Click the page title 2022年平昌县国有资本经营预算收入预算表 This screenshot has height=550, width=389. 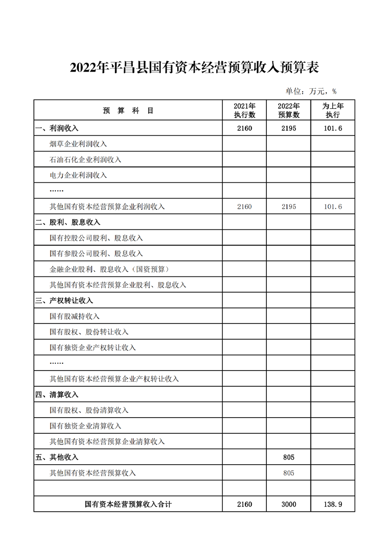coord(194,67)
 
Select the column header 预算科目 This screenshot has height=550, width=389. coord(128,111)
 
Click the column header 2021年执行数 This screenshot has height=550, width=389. coord(244,111)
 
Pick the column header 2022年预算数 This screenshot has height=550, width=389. coord(288,111)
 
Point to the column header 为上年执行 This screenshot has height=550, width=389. coord(333,111)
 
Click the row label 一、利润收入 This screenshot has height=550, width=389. coord(57,128)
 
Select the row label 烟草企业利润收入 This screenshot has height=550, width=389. coord(78,144)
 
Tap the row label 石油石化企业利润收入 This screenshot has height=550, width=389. coord(85,160)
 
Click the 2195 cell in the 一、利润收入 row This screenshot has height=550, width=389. coord(288,128)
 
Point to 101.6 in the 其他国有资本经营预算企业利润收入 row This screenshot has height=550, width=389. coord(333,207)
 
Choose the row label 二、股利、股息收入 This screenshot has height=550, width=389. coord(68,223)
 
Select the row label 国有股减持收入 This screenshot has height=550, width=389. coord(75,316)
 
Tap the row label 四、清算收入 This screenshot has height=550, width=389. coord(57,395)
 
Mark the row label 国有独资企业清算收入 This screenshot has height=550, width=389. coord(85,426)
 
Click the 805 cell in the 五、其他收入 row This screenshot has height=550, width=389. coord(288,457)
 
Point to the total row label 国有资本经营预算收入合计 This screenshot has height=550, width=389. coord(128,504)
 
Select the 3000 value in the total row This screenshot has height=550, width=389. coord(288,504)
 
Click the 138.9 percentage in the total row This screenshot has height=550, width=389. coord(333,504)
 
